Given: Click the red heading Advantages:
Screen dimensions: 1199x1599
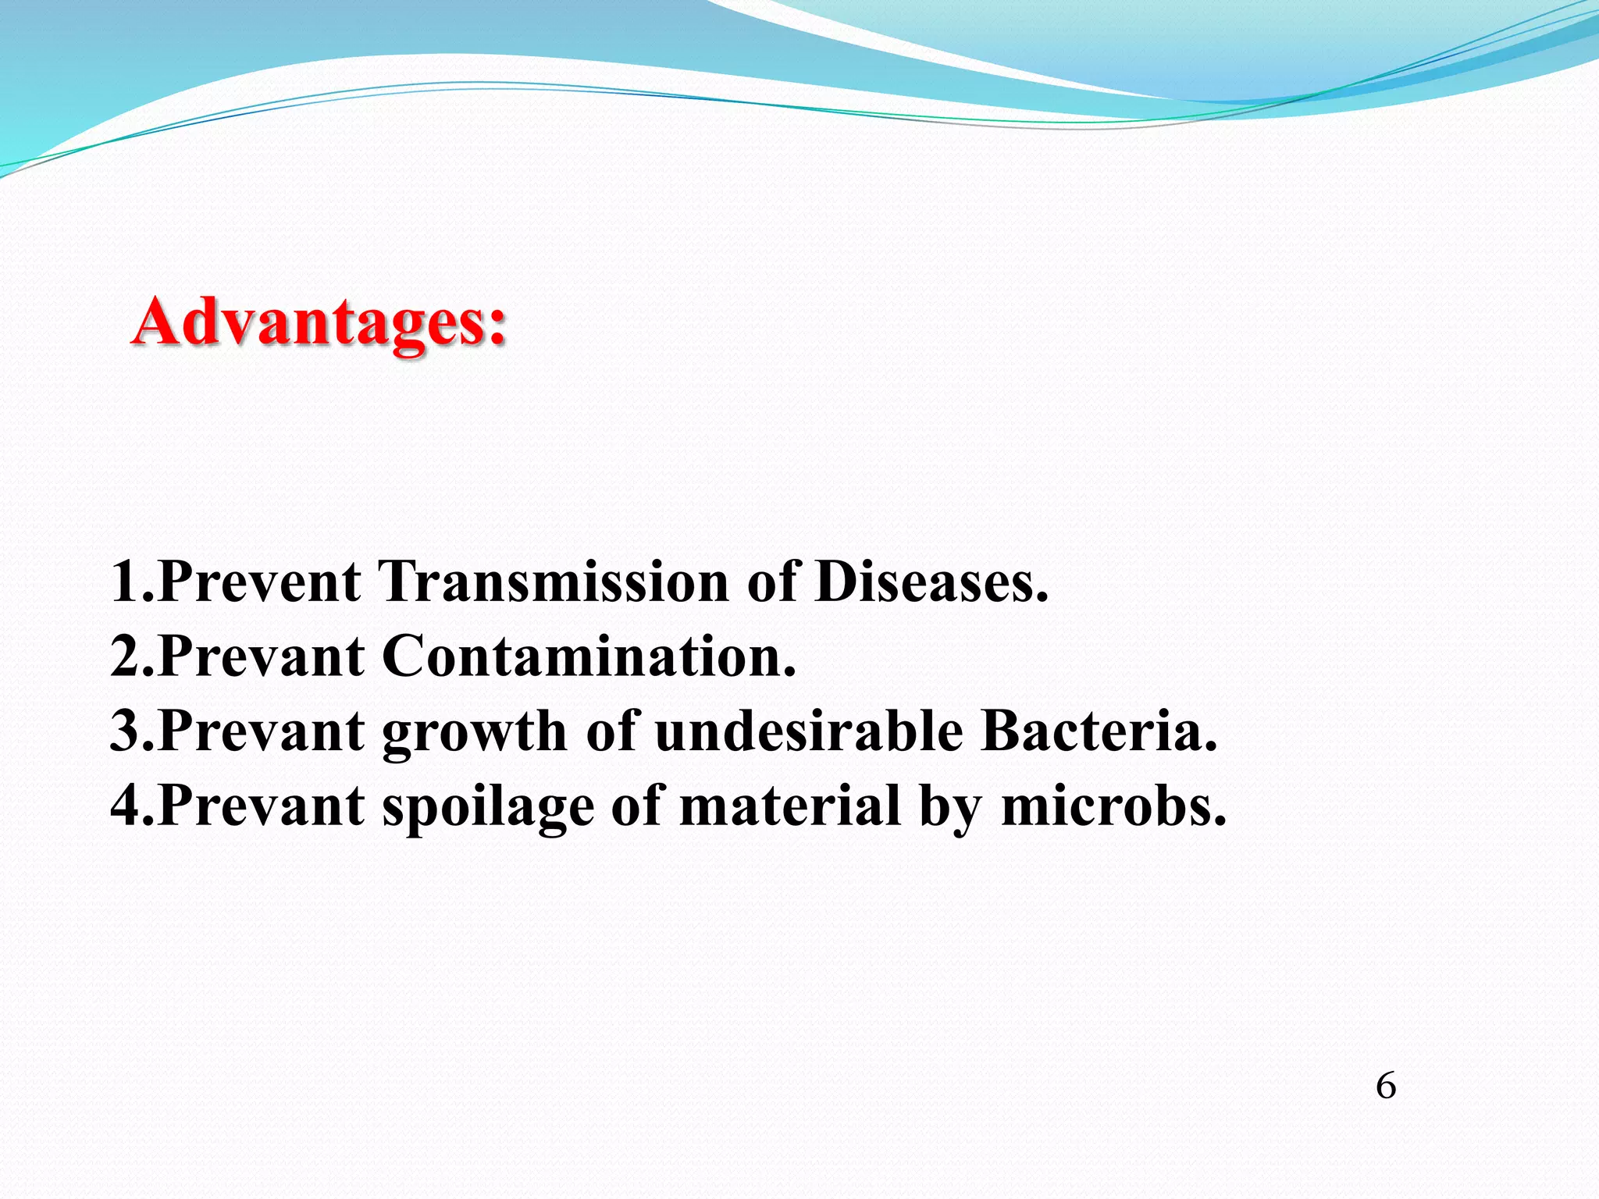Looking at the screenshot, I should [319, 322].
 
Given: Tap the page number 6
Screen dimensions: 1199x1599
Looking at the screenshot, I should [1385, 1086].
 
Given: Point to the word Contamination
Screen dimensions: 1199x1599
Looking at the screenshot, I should [589, 656].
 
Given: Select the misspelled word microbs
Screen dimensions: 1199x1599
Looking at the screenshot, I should [1113, 806].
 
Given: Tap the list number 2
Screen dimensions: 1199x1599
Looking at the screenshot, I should [126, 656].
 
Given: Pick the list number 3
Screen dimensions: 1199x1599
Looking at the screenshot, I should [126, 731].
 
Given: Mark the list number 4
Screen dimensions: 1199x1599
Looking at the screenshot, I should [126, 806].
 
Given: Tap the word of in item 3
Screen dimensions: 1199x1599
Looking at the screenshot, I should [611, 731].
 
